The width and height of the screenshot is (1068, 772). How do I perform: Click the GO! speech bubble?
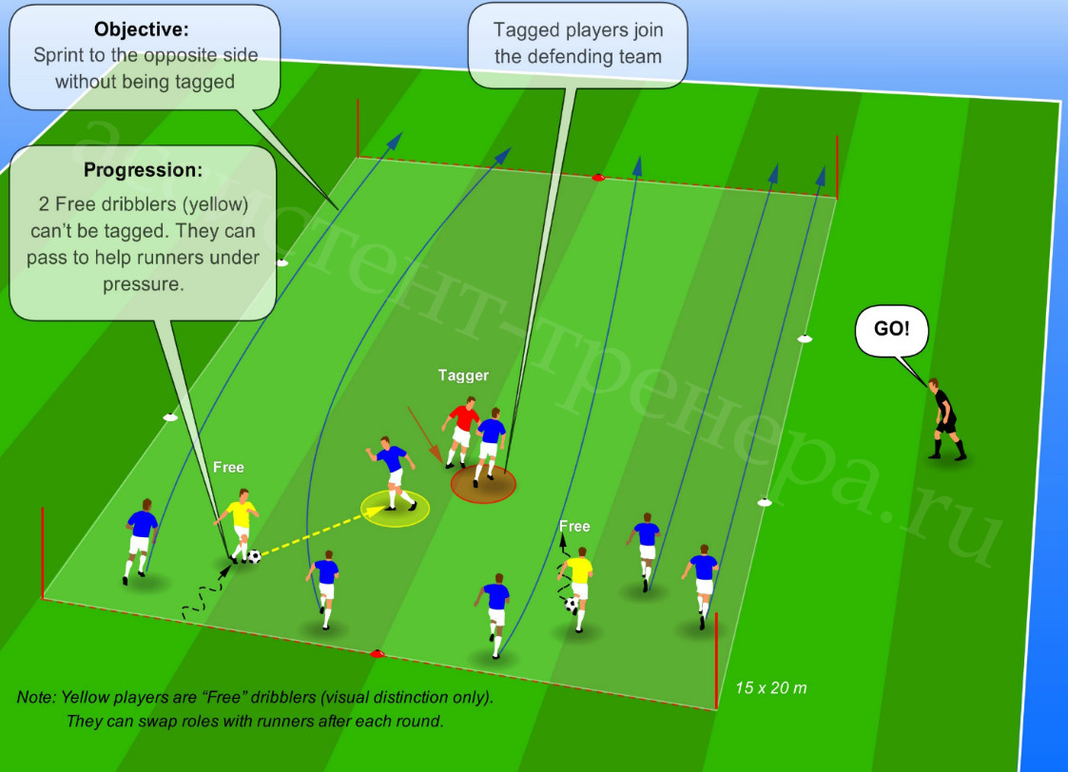click(892, 330)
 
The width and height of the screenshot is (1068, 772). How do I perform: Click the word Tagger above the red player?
click(463, 376)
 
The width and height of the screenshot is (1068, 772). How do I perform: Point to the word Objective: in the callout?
click(142, 29)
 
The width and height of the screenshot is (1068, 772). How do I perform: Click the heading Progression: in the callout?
click(143, 170)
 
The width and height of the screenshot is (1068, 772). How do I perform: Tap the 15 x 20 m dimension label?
click(771, 688)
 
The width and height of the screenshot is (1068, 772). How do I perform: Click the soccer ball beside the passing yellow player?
click(254, 557)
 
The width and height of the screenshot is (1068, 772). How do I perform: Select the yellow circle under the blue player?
click(395, 509)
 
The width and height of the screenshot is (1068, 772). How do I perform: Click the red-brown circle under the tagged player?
click(483, 484)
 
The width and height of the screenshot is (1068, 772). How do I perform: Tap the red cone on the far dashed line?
click(598, 178)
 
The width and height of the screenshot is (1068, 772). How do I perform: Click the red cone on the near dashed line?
click(377, 654)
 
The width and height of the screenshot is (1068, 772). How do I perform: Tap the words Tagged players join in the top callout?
click(578, 30)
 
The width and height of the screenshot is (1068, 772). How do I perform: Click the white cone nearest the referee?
click(805, 338)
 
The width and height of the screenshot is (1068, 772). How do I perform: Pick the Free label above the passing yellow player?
click(228, 467)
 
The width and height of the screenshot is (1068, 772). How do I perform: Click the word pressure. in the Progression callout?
click(143, 284)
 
